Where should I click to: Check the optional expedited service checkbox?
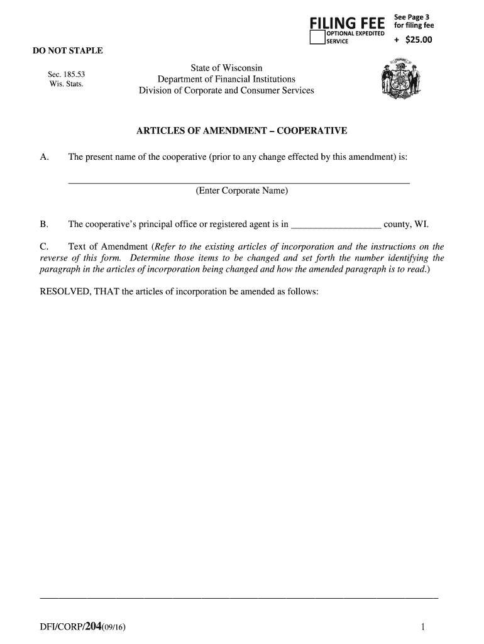[x=317, y=38]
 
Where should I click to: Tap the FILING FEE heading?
[x=348, y=23]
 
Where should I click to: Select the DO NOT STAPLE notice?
[x=68, y=51]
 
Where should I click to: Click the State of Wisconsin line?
[x=226, y=68]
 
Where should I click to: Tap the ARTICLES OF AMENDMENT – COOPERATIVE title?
[x=242, y=131]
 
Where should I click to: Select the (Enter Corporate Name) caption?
[x=242, y=191]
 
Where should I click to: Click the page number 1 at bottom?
[x=424, y=626]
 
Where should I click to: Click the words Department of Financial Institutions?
[x=226, y=79]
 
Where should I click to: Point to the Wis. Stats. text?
[x=66, y=84]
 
